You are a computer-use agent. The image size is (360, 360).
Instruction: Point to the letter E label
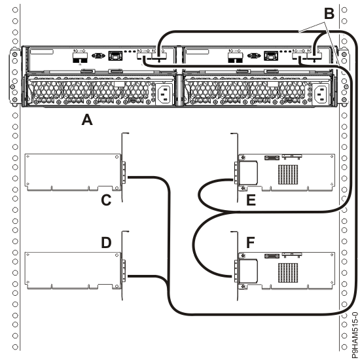coord(250,201)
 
